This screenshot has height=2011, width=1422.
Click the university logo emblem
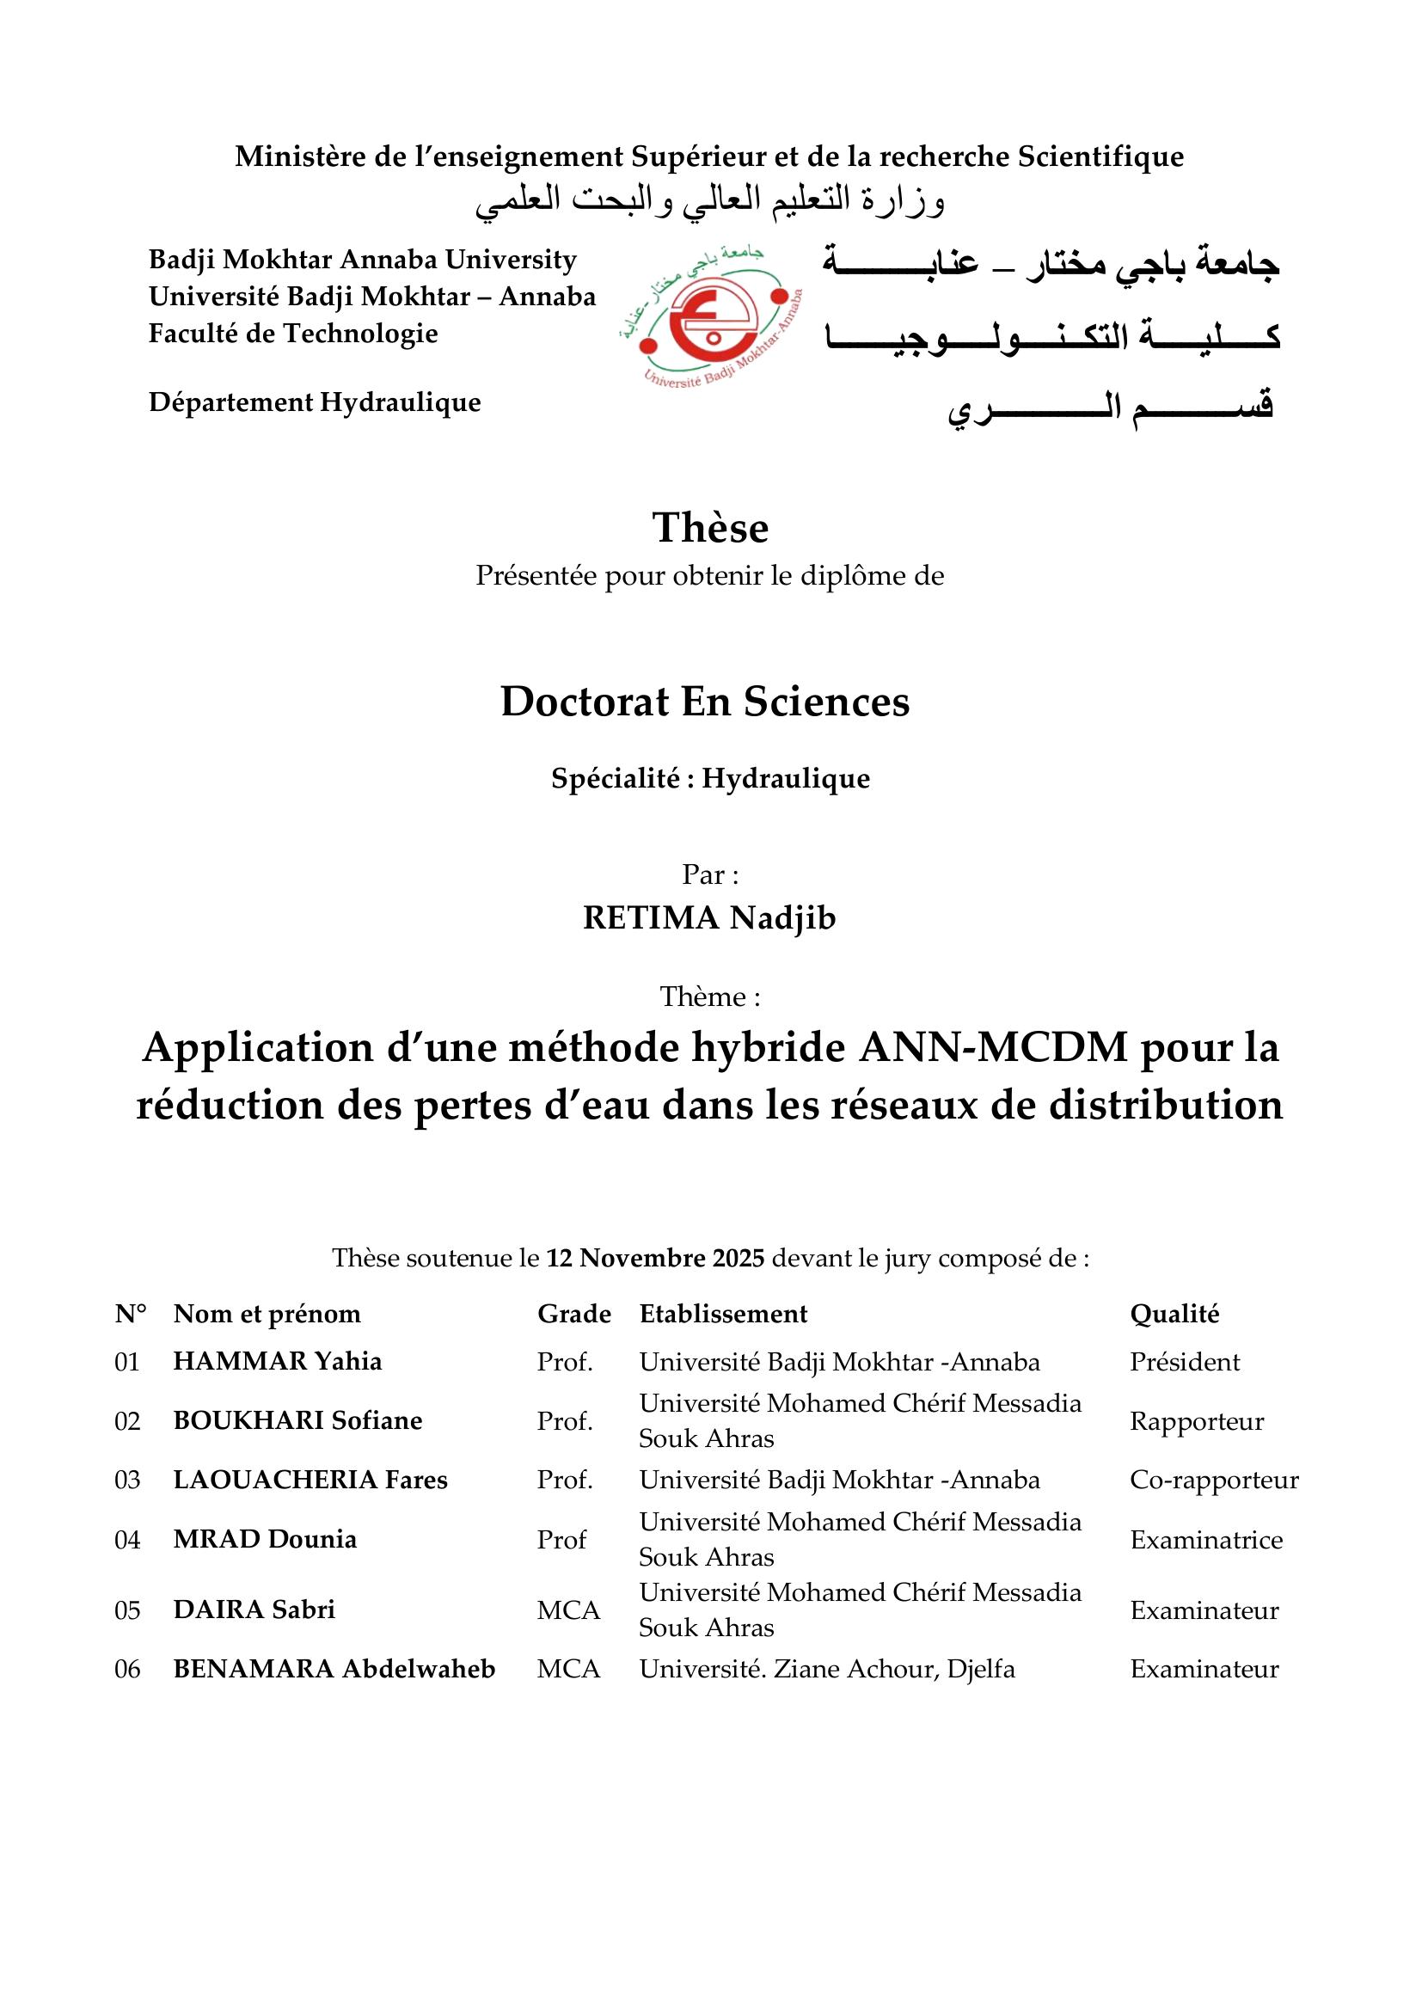(711, 320)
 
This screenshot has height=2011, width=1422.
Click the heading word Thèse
(710, 528)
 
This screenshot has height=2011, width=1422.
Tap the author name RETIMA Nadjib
(709, 918)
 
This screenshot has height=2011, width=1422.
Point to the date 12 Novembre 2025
(656, 1259)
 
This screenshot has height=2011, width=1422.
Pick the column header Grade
(573, 1314)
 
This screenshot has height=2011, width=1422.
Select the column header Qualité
(1174, 1314)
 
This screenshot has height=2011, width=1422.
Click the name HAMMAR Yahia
(278, 1361)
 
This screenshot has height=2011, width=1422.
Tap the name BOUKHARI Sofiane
(297, 1420)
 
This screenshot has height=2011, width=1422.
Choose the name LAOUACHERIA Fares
(310, 1481)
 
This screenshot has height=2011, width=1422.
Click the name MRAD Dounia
(265, 1540)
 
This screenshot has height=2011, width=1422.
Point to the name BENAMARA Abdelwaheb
(334, 1670)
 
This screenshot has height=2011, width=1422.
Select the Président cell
(1184, 1362)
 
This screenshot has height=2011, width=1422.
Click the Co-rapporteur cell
(1214, 1481)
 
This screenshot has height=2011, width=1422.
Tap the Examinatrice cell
(1205, 1540)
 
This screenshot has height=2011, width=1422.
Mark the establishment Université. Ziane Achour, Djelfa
(826, 1670)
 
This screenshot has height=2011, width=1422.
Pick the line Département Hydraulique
(315, 402)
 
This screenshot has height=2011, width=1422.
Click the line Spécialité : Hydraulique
(710, 779)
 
